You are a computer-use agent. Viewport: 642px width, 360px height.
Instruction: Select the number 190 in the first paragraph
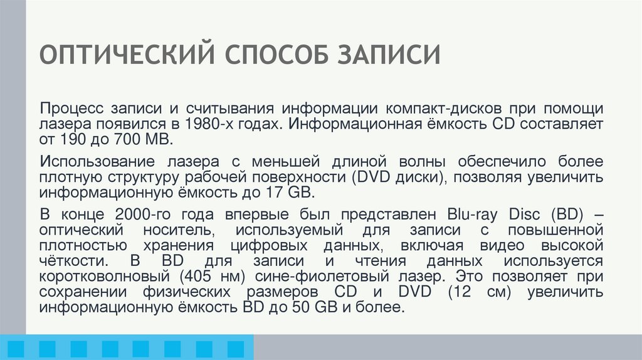pyautogui.click(x=73, y=139)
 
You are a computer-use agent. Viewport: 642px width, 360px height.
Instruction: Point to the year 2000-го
pyautogui.click(x=145, y=210)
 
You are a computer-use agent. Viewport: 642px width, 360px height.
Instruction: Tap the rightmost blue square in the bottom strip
pyautogui.click(x=235, y=348)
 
